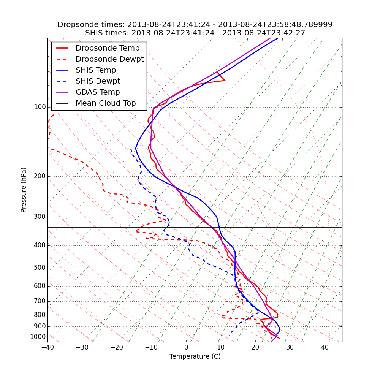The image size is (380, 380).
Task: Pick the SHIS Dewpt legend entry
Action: tap(98, 81)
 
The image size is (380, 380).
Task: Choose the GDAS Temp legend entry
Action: tap(98, 92)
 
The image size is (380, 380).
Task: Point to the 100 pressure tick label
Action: tap(40, 107)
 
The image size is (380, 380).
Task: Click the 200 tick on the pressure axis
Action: tap(40, 176)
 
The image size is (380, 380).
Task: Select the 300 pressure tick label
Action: tap(40, 217)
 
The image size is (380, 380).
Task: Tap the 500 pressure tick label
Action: tap(40, 268)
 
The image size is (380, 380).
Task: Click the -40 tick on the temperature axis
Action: tap(47, 348)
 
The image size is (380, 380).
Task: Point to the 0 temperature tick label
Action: tap(186, 348)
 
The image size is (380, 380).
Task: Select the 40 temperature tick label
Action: tap(325, 348)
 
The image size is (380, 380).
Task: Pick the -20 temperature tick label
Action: tap(117, 348)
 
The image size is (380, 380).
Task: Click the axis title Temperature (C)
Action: tap(195, 356)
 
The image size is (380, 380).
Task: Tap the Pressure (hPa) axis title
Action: tap(24, 190)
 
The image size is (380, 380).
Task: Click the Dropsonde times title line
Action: tap(195, 25)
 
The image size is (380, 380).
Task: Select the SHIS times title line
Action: tap(195, 33)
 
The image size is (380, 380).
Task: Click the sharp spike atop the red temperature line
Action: tap(225, 80)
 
